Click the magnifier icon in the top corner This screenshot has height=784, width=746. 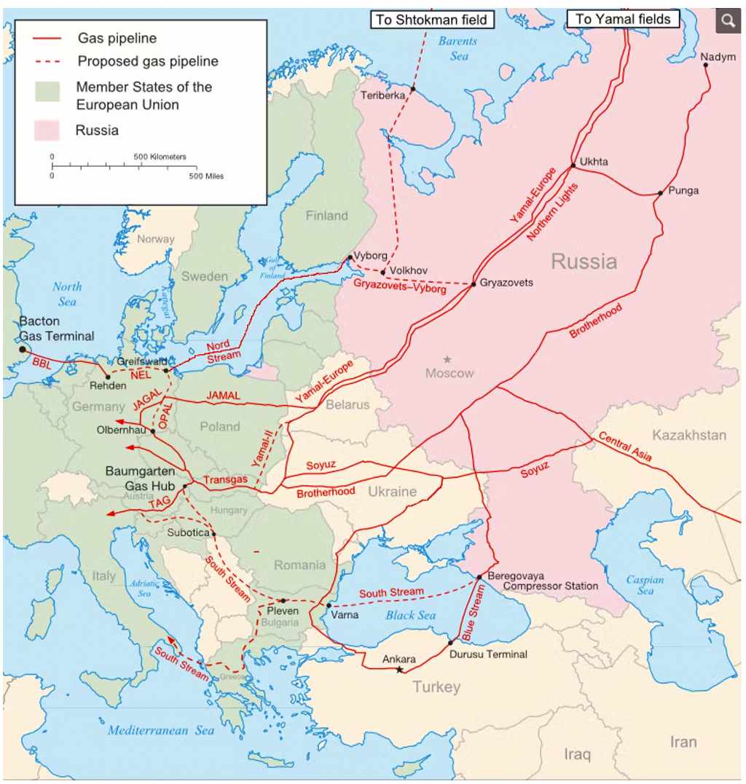[x=728, y=20]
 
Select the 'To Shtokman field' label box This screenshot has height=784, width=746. [x=433, y=20]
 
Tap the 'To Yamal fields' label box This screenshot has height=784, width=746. [x=623, y=19]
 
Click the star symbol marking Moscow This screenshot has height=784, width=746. [x=447, y=359]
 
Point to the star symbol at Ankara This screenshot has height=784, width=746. [x=398, y=670]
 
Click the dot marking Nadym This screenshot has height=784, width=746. [x=706, y=65]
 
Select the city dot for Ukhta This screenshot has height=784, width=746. [x=573, y=166]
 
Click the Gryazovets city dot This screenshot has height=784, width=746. [x=474, y=283]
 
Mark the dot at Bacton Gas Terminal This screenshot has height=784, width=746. [x=22, y=349]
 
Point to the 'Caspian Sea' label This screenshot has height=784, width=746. [x=645, y=584]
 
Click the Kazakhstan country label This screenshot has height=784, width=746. [x=688, y=435]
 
